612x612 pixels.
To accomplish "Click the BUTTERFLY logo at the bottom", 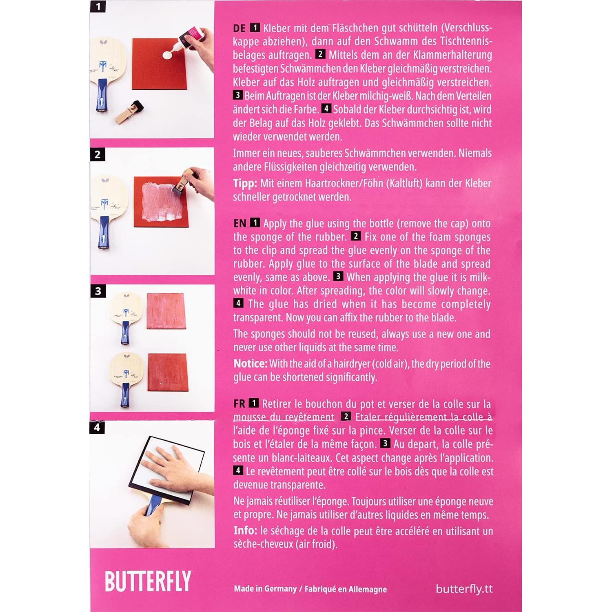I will click(148, 581).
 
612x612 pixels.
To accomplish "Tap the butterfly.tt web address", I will click(464, 589).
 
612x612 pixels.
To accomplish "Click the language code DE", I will click(239, 28).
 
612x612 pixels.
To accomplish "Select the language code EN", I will click(239, 224).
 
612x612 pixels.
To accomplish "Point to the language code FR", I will click(239, 404).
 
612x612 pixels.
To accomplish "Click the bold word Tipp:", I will click(245, 184).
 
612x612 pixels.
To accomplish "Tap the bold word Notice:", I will click(250, 364).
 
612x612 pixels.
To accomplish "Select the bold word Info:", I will click(245, 531).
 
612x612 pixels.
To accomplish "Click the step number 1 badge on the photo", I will click(98, 7).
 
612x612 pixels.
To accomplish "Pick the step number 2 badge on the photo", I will click(98, 155).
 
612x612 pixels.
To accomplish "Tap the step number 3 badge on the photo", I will click(98, 291).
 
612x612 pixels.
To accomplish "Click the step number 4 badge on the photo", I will click(97, 428).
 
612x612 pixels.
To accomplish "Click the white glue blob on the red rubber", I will click(168, 54).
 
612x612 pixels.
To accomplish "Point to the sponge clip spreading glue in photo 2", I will click(183, 180).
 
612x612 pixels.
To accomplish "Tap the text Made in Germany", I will click(265, 589).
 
